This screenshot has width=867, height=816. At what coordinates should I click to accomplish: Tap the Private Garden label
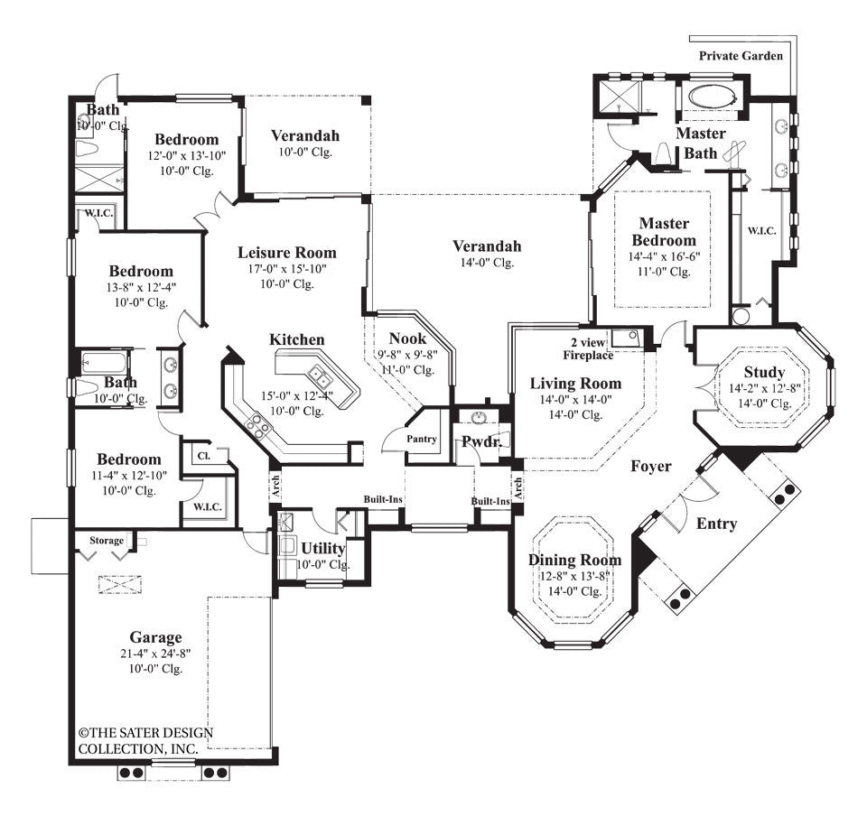click(x=741, y=55)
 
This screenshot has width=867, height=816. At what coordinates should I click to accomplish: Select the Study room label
click(x=764, y=372)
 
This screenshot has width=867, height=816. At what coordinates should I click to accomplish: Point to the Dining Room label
click(x=574, y=560)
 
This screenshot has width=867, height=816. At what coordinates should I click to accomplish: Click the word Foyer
click(x=650, y=466)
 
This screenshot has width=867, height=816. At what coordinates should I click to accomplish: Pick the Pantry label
click(x=422, y=440)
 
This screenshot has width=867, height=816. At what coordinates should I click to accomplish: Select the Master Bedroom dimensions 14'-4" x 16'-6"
click(x=664, y=255)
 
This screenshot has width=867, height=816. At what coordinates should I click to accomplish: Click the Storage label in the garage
click(x=106, y=540)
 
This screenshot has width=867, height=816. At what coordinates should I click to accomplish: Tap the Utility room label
click(x=322, y=548)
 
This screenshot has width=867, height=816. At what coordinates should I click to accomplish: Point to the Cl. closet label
click(x=204, y=457)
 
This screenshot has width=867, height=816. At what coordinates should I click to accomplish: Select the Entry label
click(x=716, y=524)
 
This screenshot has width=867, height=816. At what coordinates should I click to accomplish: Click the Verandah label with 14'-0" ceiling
click(x=487, y=246)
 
